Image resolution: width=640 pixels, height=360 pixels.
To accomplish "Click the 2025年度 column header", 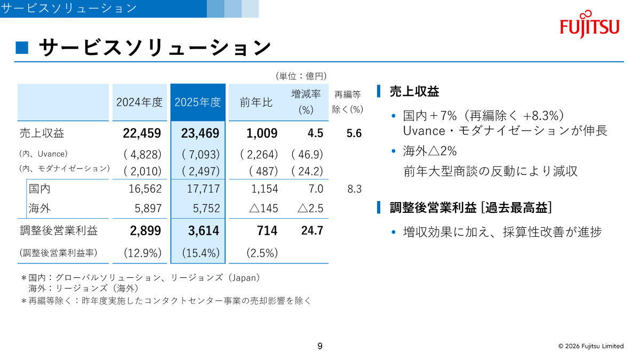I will (x=198, y=102).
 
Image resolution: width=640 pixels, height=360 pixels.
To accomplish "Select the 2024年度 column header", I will (x=140, y=102).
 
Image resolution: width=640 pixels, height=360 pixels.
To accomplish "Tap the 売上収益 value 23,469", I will (x=198, y=133).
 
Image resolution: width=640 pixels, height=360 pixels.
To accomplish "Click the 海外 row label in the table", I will (x=39, y=208).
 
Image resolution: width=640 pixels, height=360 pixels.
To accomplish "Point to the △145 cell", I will (x=263, y=208).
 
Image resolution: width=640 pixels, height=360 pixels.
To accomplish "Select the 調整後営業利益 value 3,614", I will (x=198, y=230).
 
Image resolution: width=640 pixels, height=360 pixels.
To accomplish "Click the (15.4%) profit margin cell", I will (x=198, y=253).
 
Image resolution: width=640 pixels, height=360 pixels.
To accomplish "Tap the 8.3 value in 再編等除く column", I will (x=355, y=189).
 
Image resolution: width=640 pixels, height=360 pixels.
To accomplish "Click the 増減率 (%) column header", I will (x=306, y=102).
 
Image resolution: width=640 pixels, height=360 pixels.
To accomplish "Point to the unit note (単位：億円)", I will (x=301, y=76).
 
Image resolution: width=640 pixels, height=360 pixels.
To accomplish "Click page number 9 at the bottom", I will (x=320, y=346).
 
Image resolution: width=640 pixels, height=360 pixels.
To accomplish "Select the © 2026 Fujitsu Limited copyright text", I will (x=590, y=346).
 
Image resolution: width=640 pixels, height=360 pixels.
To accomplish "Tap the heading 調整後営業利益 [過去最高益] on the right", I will (x=470, y=207).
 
